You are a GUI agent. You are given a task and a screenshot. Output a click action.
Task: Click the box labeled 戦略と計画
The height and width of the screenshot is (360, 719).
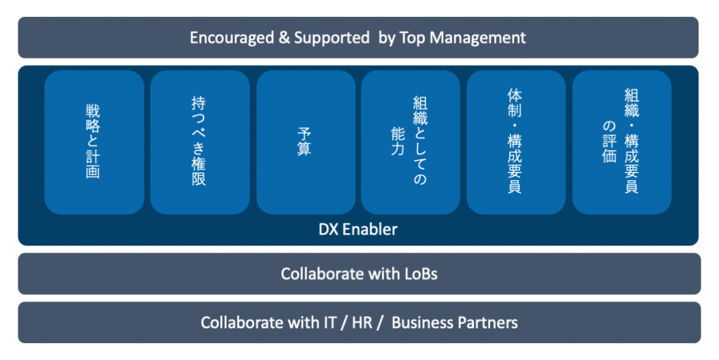tap(94, 142)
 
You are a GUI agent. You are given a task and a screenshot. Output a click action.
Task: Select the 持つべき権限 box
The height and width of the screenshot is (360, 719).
tap(200, 142)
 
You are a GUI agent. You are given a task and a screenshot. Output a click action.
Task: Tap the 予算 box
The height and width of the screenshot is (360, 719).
tap(305, 142)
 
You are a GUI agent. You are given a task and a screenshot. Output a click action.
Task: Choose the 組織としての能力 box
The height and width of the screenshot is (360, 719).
tap(411, 142)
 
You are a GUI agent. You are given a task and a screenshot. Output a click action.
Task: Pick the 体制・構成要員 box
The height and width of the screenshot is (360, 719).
tap(516, 142)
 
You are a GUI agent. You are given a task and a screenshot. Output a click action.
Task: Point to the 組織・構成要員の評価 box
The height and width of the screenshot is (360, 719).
tap(621, 142)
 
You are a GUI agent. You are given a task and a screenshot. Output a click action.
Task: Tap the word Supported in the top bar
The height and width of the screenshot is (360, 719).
tap(331, 37)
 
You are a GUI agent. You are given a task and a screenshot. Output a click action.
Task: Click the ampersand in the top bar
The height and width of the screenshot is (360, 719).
tap(284, 37)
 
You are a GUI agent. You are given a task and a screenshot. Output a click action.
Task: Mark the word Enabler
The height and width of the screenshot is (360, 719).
tap(371, 229)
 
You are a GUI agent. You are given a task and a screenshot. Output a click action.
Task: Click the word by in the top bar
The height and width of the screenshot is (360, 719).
tap(387, 38)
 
